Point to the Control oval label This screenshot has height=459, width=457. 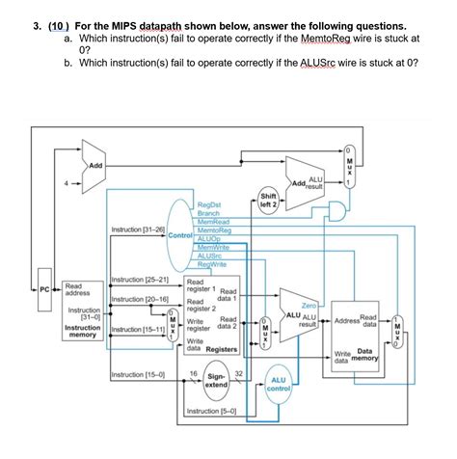[x=180, y=235]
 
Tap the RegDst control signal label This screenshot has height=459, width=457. [x=209, y=205]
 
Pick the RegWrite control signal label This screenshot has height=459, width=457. [x=211, y=262]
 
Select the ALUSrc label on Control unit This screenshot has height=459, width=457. [x=209, y=256]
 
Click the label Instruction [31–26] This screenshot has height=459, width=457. [x=139, y=229]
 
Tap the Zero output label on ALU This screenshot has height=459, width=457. [x=309, y=305]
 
